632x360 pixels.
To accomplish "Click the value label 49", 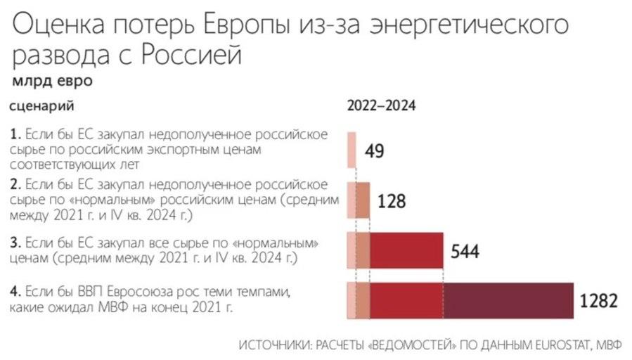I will point(375,151).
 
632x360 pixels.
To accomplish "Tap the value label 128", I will point(392,201).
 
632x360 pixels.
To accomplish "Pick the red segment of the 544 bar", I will point(406,250).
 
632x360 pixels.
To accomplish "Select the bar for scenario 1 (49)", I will point(352,149).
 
